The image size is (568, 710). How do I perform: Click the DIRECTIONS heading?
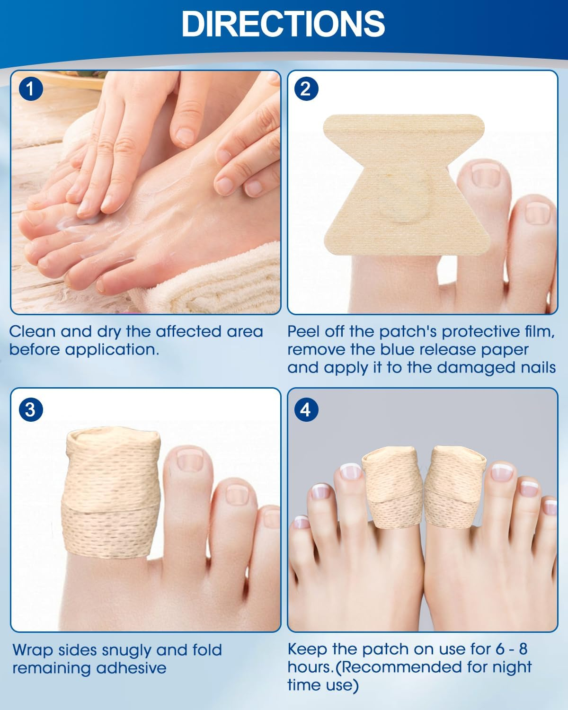click(x=283, y=24)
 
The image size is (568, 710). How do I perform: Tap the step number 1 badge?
click(x=30, y=89)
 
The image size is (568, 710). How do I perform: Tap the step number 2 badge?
click(x=306, y=89)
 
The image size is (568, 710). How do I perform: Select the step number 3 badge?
click(x=30, y=409)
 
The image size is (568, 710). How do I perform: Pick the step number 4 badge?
click(x=306, y=409)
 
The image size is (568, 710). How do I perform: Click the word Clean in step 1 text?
click(x=32, y=331)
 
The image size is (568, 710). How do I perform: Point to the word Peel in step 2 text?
click(x=304, y=331)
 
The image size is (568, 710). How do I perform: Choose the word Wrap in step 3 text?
click(x=32, y=650)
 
